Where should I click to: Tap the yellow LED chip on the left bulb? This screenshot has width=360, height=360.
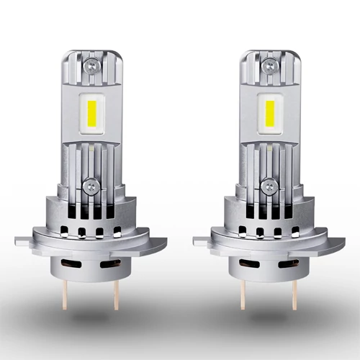click(90, 114)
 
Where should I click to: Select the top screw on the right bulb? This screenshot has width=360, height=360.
click(268, 65)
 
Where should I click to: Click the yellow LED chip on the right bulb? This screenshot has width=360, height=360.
click(268, 114)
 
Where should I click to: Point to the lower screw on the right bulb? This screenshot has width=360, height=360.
click(268, 186)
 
